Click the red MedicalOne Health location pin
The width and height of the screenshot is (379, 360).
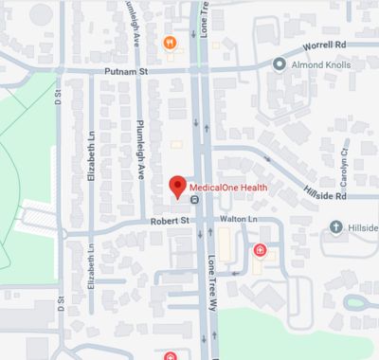(175, 186)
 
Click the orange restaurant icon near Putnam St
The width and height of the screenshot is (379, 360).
(170, 41)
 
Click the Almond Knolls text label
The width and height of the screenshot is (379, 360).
(323, 63)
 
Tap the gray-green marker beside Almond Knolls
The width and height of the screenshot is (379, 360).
(279, 63)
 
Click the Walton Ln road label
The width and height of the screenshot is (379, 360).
(238, 219)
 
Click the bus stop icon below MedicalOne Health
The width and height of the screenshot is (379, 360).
(194, 200)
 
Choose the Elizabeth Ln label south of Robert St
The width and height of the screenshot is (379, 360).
(92, 269)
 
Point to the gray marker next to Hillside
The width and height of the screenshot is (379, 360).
(336, 226)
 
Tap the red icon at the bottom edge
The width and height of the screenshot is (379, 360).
(171, 356)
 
